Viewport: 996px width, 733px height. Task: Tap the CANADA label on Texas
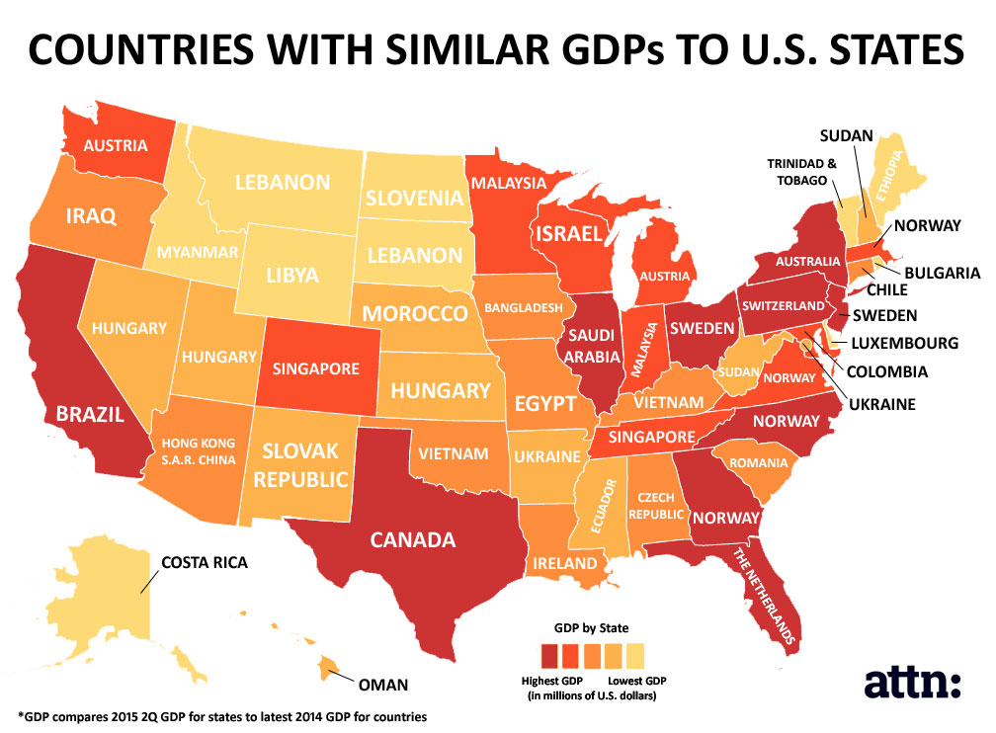(413, 539)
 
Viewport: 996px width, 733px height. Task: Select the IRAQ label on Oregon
(91, 214)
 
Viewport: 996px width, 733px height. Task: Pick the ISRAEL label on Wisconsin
(568, 234)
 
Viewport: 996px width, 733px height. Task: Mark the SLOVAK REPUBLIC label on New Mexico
(303, 465)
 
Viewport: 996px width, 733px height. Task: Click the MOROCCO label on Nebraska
(414, 315)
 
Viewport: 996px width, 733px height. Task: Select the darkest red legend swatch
(549, 655)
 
